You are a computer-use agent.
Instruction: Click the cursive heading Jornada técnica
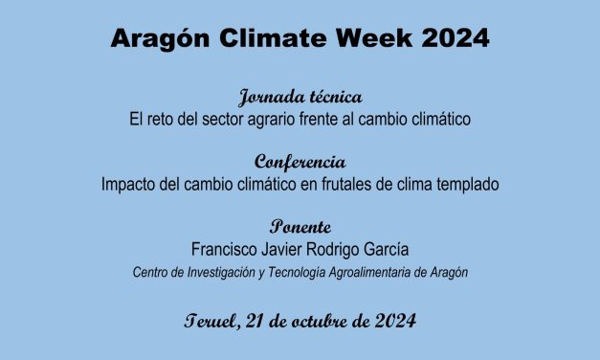300,99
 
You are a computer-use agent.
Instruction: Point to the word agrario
288,121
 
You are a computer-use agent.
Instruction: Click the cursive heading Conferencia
300,162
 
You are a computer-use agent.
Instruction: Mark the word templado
467,184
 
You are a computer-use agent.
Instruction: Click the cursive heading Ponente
300,227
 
